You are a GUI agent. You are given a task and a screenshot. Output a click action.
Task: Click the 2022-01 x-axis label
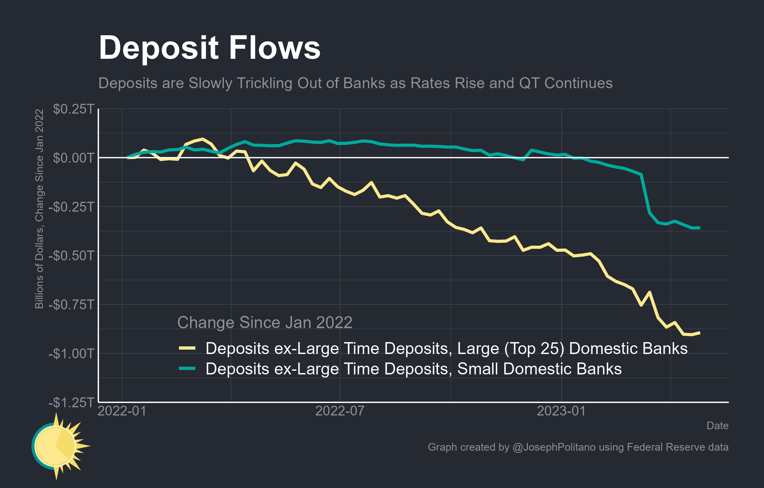[x=122, y=411]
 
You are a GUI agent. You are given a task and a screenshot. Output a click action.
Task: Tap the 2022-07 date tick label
[x=340, y=411]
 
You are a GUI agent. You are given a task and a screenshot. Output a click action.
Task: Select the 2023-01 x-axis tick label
[x=561, y=411]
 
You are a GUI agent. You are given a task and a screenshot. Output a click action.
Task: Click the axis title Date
[x=717, y=426]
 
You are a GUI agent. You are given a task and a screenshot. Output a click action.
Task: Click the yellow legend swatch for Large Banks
[x=187, y=348]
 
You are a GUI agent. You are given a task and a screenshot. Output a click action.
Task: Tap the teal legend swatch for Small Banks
[x=187, y=369]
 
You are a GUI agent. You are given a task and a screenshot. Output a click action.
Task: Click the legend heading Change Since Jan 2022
[x=265, y=323]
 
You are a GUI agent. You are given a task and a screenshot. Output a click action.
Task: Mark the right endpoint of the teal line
[x=700, y=228]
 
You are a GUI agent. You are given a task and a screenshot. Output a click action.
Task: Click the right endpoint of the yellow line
[x=700, y=333]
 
